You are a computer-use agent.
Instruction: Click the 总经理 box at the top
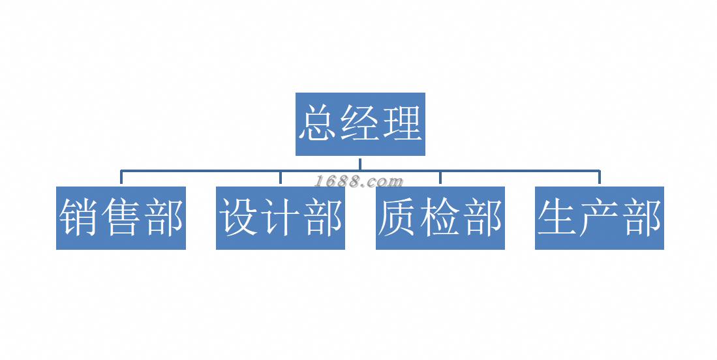(x=360, y=124)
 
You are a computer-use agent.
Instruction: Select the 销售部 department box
(x=121, y=218)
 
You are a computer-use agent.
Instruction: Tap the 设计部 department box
(x=281, y=218)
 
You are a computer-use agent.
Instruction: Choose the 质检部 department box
(x=440, y=218)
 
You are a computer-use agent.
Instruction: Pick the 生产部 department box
(x=600, y=218)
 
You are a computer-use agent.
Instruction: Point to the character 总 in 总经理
(x=318, y=123)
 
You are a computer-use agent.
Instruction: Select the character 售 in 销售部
(x=121, y=218)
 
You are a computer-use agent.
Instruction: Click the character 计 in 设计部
(x=281, y=218)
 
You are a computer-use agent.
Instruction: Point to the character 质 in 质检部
(x=398, y=218)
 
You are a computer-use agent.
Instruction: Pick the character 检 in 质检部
(x=440, y=218)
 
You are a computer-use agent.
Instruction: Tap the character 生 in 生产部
(x=557, y=218)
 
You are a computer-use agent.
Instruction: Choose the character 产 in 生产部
(x=600, y=218)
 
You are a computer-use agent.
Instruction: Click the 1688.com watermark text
(x=359, y=181)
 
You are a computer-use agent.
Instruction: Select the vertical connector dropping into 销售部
(x=121, y=178)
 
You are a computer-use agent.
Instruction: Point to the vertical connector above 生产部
(x=600, y=178)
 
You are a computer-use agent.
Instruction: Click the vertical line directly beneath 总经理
(x=360, y=163)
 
